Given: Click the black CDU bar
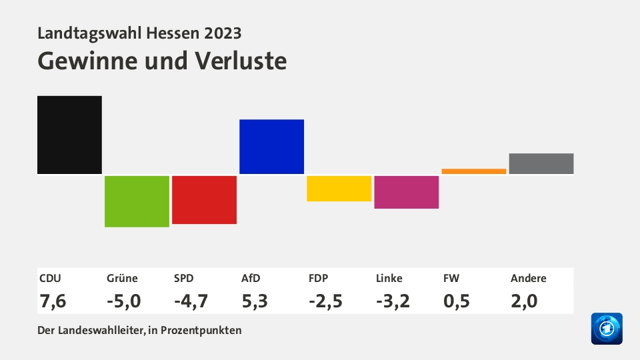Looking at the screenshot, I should pyautogui.click(x=69, y=135).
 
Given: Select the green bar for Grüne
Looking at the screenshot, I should pyautogui.click(x=137, y=201).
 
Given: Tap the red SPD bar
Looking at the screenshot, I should pyautogui.click(x=204, y=200).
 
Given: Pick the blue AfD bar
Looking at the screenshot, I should pyautogui.click(x=271, y=147).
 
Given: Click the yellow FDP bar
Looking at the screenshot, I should pyautogui.click(x=339, y=189).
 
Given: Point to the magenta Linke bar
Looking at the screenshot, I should pyautogui.click(x=406, y=192).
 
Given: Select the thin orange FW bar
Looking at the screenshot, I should pyautogui.click(x=473, y=171).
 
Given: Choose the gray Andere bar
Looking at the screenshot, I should pyautogui.click(x=541, y=164).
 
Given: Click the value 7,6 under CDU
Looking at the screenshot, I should pyautogui.click(x=53, y=301).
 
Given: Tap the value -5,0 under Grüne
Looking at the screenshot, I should pyautogui.click(x=124, y=301).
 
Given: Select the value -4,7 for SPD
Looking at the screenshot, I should pyautogui.click(x=191, y=301).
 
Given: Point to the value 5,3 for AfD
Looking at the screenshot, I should pyautogui.click(x=255, y=301).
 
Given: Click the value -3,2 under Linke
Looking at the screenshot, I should pyautogui.click(x=393, y=301).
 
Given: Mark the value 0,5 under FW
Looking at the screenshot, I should pyautogui.click(x=457, y=301).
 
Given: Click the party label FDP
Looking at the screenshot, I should pyautogui.click(x=319, y=279).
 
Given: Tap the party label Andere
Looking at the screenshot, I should pyautogui.click(x=529, y=279).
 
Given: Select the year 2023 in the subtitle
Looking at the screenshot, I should pyautogui.click(x=223, y=33).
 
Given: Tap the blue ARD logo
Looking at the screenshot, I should pyautogui.click(x=607, y=329).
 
